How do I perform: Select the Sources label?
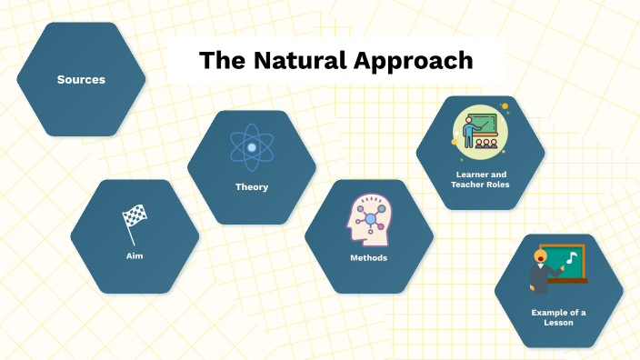tap(81, 80)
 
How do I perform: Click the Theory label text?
tap(251, 187)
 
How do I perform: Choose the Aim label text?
tap(135, 256)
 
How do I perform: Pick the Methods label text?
tap(368, 258)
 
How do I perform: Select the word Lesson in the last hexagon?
tap(558, 323)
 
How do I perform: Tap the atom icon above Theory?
tap(251, 146)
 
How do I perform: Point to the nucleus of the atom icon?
tap(251, 146)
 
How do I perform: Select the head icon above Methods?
tap(368, 219)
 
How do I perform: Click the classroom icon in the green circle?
tap(480, 128)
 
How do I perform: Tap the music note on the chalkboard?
tap(570, 258)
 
